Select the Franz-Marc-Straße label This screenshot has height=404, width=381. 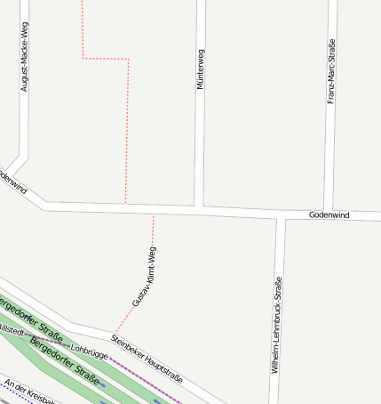click(331, 71)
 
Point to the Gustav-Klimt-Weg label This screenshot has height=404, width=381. click(145, 277)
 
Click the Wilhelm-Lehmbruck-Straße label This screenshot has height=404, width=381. click(276, 324)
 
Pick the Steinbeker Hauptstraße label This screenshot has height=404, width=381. click(147, 357)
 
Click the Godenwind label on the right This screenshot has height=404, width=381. click(329, 215)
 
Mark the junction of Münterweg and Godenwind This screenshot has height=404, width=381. click(200, 207)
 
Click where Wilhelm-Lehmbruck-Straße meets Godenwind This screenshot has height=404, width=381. click(280, 216)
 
